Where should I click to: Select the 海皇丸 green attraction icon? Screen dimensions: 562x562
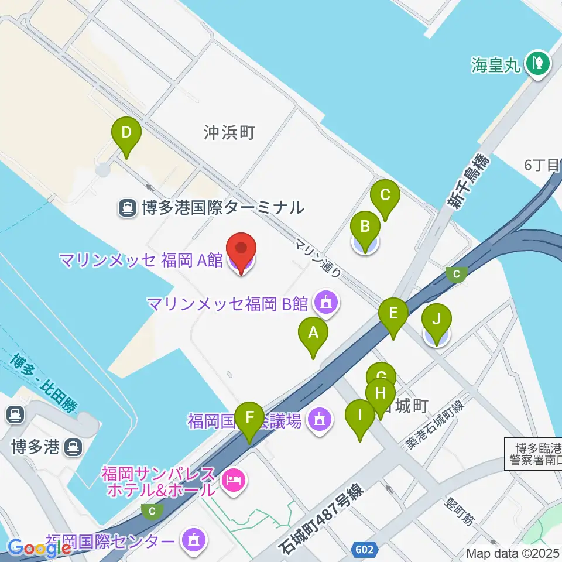[x=537, y=63]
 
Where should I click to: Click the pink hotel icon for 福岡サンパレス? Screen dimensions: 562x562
[x=234, y=482]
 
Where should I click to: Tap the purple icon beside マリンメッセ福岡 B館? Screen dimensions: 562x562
[x=324, y=303]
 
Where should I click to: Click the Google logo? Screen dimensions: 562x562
[x=39, y=548]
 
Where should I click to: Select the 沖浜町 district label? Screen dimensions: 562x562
[x=229, y=132]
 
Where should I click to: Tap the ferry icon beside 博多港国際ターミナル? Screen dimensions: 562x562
[x=126, y=207]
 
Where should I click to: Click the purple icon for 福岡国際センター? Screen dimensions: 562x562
[x=194, y=539]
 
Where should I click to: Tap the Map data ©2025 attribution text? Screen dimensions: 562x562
[x=513, y=553]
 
